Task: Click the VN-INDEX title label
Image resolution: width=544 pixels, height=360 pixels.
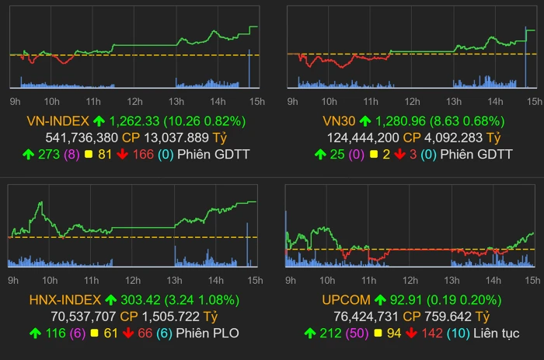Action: click(x=57, y=121)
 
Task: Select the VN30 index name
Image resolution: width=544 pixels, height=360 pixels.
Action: click(x=339, y=121)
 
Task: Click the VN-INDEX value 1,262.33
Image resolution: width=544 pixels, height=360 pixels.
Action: click(x=136, y=121)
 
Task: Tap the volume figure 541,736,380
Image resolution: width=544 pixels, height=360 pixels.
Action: click(x=82, y=138)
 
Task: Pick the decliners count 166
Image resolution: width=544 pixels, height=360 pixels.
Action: click(x=139, y=155)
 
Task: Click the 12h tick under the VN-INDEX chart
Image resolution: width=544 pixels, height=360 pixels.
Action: click(x=134, y=101)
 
